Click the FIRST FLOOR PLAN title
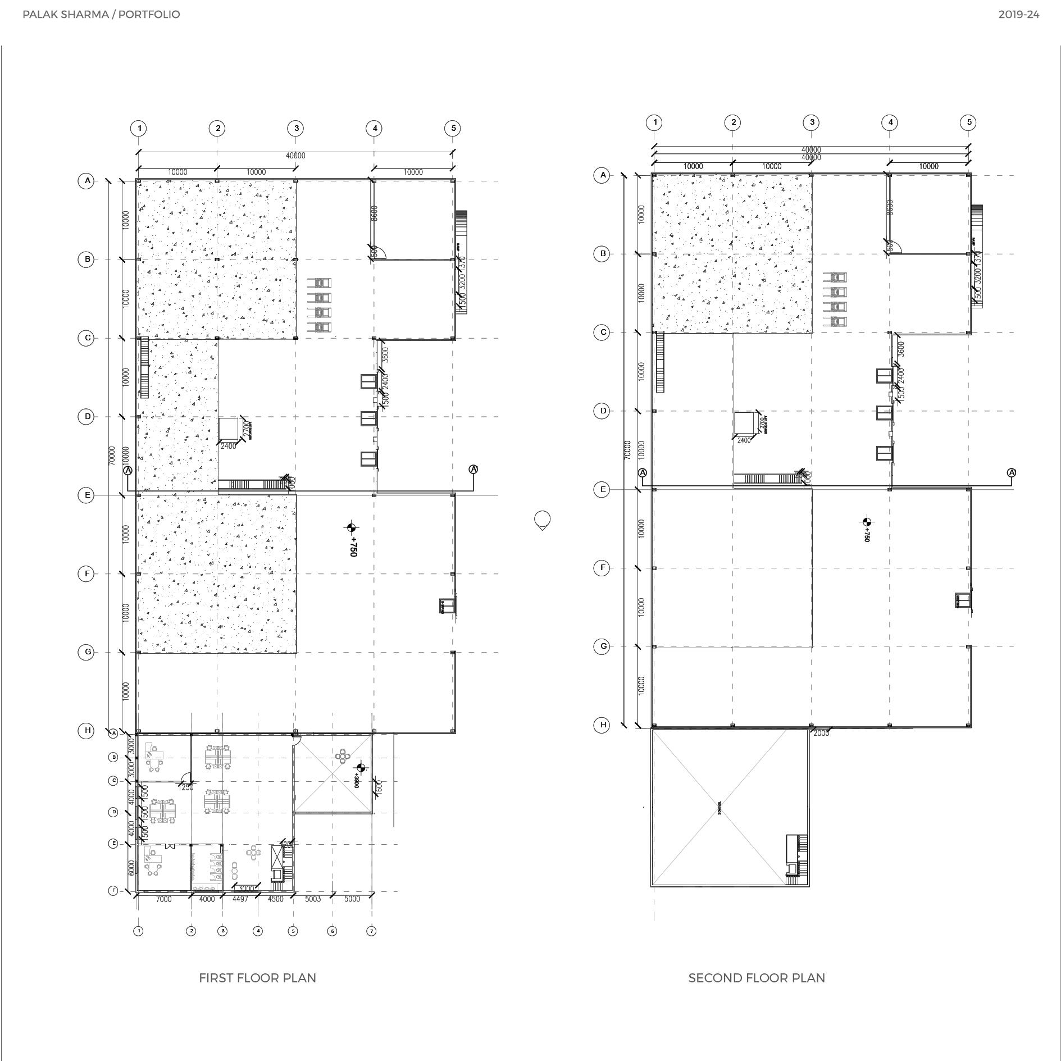click(x=257, y=978)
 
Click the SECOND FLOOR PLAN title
click(x=756, y=978)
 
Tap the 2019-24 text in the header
click(x=1018, y=15)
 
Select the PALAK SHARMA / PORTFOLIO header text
click(x=101, y=15)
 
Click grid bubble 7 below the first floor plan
click(x=371, y=931)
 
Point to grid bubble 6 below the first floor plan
click(x=332, y=931)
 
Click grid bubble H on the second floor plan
click(x=603, y=725)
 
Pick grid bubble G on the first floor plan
click(x=86, y=652)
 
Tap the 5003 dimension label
click(x=313, y=899)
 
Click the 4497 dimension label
click(x=240, y=899)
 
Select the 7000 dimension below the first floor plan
click(x=163, y=899)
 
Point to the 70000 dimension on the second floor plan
click(x=627, y=449)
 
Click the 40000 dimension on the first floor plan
click(x=295, y=156)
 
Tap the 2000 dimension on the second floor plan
click(x=821, y=733)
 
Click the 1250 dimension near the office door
click(x=185, y=787)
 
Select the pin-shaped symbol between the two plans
click(x=542, y=520)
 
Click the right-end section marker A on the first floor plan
click(x=473, y=469)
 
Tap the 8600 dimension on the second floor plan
click(x=890, y=207)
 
